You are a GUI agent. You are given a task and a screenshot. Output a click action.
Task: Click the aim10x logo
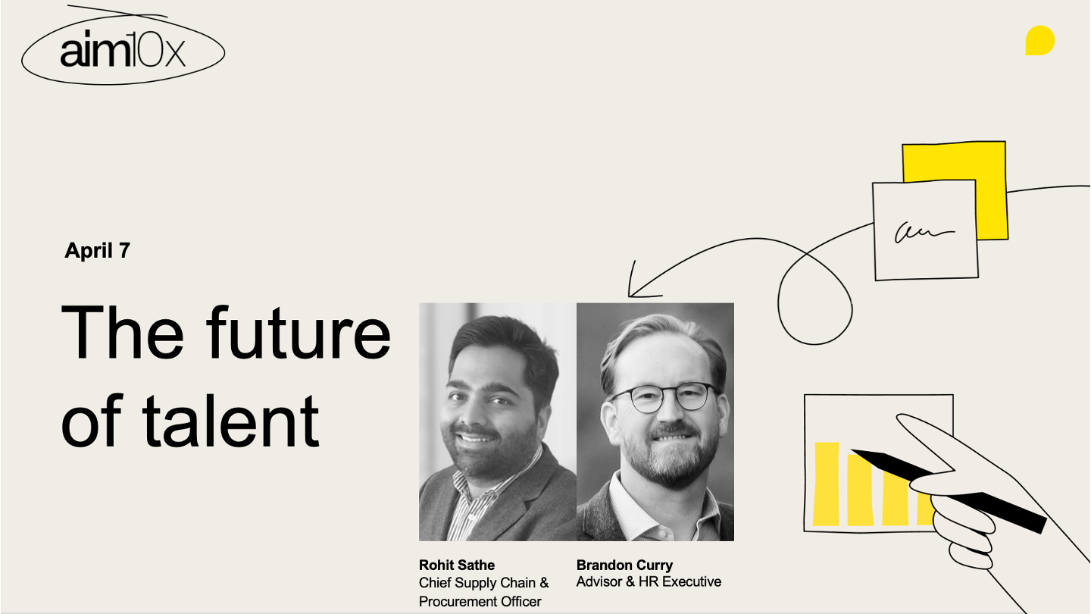point(123,49)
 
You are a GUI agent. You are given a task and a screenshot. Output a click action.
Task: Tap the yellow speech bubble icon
point(1039,40)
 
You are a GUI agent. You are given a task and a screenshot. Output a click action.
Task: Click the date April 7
point(98,250)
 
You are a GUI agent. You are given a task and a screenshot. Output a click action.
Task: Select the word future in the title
point(298,333)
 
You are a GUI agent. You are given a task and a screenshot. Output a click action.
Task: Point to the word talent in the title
point(230,421)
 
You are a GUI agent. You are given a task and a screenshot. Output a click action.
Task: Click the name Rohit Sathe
point(456,565)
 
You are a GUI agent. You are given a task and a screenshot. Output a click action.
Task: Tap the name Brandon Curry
point(624,565)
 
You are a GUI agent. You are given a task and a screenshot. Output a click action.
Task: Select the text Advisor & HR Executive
point(649,582)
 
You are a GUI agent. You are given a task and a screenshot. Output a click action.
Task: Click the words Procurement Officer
point(480,602)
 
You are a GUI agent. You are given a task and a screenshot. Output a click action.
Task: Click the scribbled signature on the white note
point(924,232)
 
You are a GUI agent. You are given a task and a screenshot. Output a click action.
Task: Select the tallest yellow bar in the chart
point(827,484)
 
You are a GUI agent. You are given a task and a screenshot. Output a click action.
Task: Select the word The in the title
point(122,333)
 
